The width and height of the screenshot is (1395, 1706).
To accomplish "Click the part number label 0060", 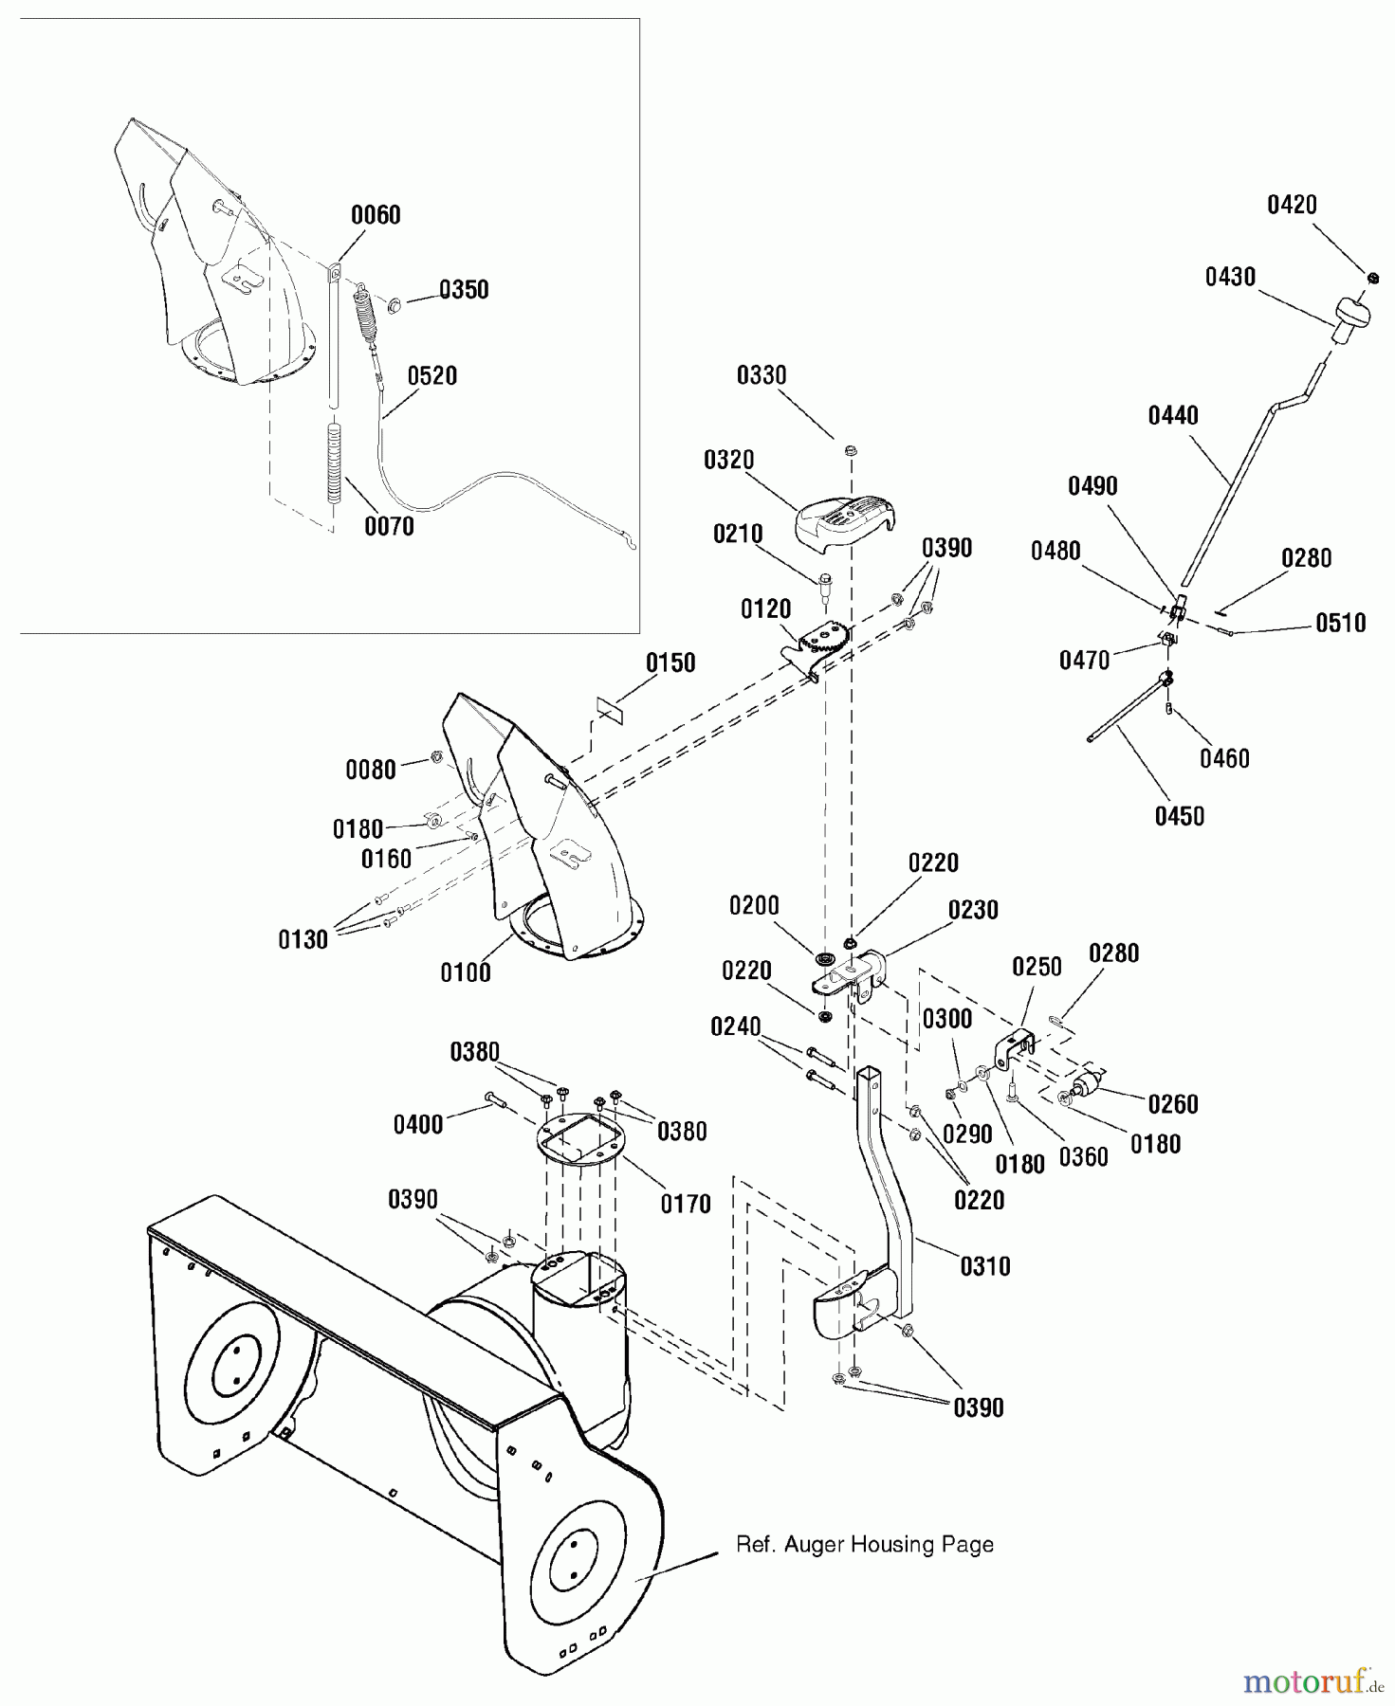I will pos(376,215).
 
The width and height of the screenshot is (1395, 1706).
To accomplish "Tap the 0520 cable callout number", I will pos(432,376).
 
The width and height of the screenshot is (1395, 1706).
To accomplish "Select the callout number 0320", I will pos(728,461).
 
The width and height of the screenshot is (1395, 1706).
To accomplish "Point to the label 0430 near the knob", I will pos(1230,278).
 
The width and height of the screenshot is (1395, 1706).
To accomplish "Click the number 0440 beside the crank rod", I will pos(1173,416).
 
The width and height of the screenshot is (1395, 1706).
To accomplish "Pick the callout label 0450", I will pos(1179,816).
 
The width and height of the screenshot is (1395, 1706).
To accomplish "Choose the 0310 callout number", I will pos(985,1266).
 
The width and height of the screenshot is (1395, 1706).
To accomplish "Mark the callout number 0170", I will pos(686,1205).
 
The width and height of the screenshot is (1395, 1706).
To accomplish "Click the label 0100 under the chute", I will pos(466,972).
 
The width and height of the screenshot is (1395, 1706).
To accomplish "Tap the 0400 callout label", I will pos(418,1125).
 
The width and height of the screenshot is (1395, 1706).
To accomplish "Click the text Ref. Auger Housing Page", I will pos(865,1544).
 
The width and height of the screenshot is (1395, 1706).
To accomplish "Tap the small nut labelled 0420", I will pos(1372,277).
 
